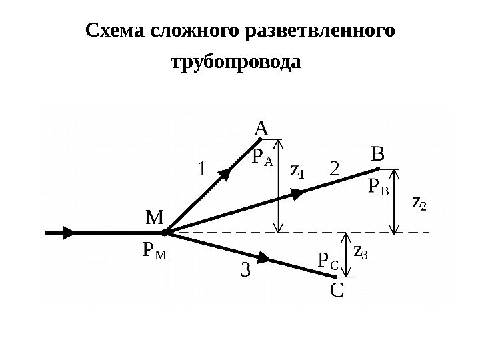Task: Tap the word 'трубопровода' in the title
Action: pyautogui.click(x=236, y=64)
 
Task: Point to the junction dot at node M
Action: pyautogui.click(x=165, y=233)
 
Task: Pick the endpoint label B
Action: pyautogui.click(x=378, y=155)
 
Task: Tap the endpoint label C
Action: pyautogui.click(x=337, y=291)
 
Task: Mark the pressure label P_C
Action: pyautogui.click(x=329, y=263)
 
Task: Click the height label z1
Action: pyautogui.click(x=297, y=171)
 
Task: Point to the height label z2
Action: pyautogui.click(x=420, y=201)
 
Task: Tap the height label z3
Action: pyautogui.click(x=360, y=251)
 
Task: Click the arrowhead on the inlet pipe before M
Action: pyautogui.click(x=68, y=233)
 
